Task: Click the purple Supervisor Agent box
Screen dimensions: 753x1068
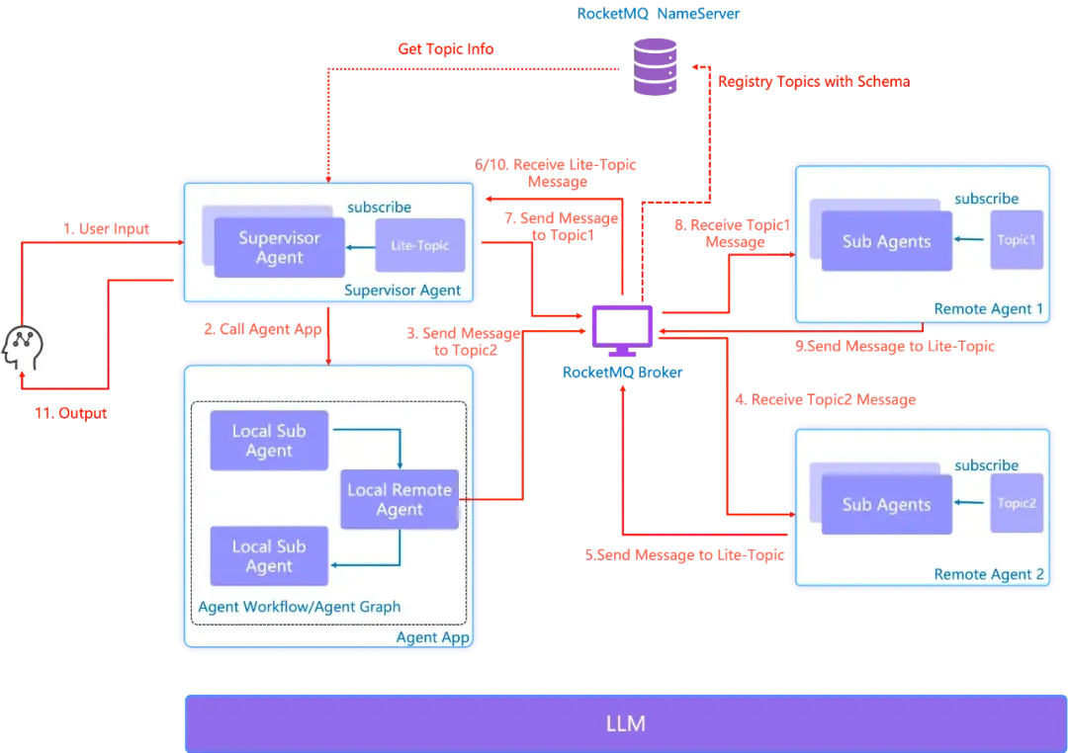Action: pos(279,247)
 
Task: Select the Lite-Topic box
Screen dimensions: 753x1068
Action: pos(419,244)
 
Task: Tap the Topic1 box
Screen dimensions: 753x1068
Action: pos(1017,239)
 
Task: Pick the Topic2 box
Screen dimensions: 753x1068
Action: pos(1017,503)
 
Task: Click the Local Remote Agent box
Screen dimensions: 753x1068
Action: pos(400,499)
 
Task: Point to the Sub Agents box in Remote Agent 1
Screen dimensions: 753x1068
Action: pos(886,241)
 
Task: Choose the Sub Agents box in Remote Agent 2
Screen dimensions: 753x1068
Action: pos(886,504)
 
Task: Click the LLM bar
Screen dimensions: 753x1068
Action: pos(625,723)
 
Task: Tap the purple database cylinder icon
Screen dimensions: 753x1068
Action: pos(654,65)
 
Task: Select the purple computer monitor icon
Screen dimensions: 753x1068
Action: pos(622,327)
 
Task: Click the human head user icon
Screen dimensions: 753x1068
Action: pos(24,348)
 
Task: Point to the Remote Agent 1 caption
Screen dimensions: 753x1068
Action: pos(988,309)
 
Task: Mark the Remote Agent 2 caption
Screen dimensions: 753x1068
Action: pos(988,574)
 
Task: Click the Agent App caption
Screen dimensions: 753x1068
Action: pos(432,637)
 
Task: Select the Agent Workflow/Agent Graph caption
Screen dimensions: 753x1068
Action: pos(300,607)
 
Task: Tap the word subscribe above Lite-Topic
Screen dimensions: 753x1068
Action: pos(379,208)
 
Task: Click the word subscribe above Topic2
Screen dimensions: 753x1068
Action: pos(986,465)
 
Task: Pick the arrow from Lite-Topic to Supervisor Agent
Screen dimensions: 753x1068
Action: pos(360,246)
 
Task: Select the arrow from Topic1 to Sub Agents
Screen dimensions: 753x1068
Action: pos(971,240)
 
